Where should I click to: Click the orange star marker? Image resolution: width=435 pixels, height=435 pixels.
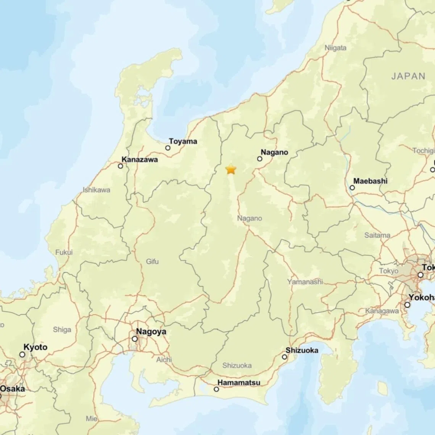[231, 169]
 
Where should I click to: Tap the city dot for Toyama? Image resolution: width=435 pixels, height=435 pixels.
[168, 148]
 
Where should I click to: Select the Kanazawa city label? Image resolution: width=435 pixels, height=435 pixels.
[139, 159]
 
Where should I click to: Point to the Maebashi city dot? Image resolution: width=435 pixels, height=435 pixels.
[352, 187]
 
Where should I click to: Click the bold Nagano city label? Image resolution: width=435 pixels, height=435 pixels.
[274, 152]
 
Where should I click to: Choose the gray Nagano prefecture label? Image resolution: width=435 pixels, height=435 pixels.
[250, 218]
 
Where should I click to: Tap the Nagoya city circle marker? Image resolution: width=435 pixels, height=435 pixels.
[135, 339]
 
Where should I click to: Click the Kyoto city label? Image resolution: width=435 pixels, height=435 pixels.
[35, 347]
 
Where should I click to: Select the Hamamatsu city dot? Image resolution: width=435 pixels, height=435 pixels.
[216, 389]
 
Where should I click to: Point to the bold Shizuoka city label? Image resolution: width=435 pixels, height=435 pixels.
[302, 350]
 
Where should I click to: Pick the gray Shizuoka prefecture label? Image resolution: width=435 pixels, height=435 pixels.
[237, 366]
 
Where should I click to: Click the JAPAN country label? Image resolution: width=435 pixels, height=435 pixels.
[408, 76]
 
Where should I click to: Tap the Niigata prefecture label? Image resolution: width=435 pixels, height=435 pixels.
[335, 48]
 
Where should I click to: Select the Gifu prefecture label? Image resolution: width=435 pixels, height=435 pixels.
[152, 261]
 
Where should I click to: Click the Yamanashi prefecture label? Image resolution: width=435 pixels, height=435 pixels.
[305, 282]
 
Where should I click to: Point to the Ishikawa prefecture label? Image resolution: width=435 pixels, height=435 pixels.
[97, 190]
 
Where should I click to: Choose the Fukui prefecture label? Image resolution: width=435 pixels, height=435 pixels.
[64, 252]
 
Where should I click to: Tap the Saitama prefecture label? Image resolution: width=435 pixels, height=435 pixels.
[377, 235]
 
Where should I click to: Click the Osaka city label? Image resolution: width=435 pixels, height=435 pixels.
[12, 389]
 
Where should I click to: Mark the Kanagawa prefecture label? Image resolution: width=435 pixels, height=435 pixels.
[382, 311]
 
